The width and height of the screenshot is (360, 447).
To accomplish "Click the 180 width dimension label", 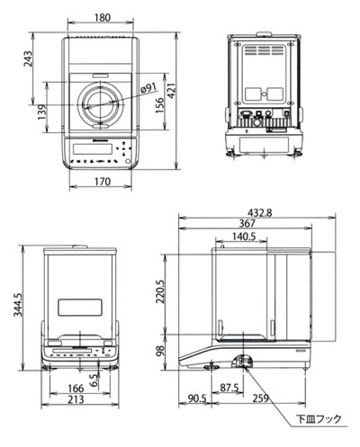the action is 103,18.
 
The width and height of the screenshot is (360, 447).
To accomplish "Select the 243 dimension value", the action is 28,58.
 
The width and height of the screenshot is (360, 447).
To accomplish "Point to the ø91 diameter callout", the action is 148,88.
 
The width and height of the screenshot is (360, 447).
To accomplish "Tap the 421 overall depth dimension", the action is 171,91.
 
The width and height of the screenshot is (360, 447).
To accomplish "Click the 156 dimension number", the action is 159,105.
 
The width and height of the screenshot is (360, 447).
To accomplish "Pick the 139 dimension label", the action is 42,112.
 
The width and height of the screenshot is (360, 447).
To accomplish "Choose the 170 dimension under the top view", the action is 103,182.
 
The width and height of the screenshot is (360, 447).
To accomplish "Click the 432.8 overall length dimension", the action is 259,212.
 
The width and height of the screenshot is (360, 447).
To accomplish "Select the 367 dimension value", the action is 247,223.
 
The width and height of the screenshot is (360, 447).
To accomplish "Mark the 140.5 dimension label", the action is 244,237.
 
